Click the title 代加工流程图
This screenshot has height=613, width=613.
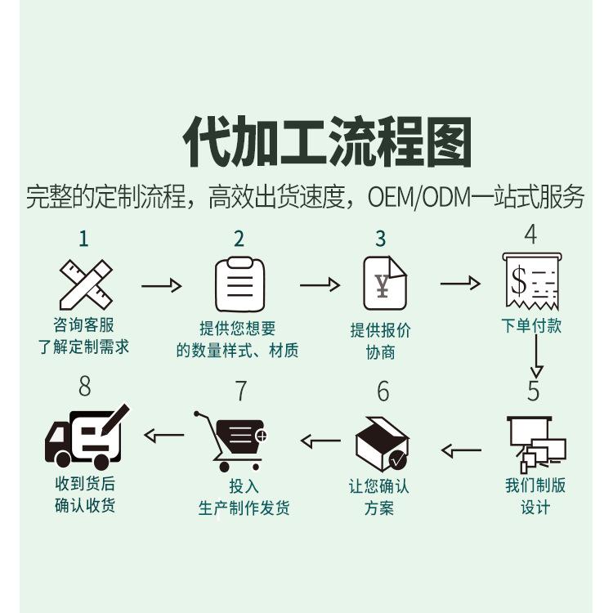[x=327, y=141]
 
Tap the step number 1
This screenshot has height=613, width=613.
[x=83, y=239]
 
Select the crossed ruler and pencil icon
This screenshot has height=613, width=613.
[x=86, y=284]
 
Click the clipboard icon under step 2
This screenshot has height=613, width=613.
[x=239, y=284]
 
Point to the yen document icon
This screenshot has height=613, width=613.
[x=385, y=283]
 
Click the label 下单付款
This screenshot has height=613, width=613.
[x=532, y=325]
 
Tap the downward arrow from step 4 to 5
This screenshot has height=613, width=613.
[x=537, y=356]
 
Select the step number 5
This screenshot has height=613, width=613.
[x=533, y=391]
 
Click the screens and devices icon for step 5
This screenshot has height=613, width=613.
[x=536, y=444]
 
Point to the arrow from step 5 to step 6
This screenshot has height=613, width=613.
[x=461, y=450]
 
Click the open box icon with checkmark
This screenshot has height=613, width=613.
[x=382, y=444]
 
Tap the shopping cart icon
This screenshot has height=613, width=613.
[x=230, y=441]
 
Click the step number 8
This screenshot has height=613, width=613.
[x=85, y=387]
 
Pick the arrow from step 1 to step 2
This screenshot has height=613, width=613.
[x=162, y=286]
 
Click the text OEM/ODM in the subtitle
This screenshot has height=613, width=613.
[x=419, y=198]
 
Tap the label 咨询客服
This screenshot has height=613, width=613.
[x=83, y=324]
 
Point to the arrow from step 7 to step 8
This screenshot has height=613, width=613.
[x=163, y=435]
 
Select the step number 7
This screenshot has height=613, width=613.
[x=242, y=391]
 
